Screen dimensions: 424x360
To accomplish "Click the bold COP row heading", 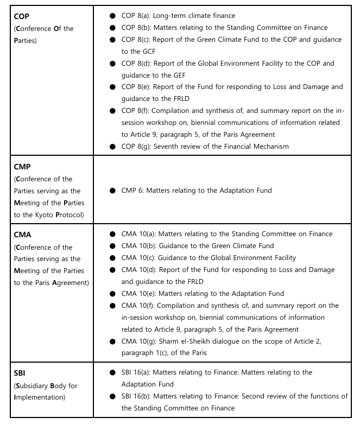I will click(x=21, y=17).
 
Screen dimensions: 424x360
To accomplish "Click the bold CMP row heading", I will click(x=22, y=167).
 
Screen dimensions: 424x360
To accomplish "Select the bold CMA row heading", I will click(x=22, y=235).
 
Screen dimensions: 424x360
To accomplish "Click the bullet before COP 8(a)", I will click(x=111, y=16).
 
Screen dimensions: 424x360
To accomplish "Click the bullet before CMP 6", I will click(x=111, y=190).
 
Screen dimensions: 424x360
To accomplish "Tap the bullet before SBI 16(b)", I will click(x=111, y=396).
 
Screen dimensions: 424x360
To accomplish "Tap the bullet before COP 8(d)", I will click(x=111, y=64).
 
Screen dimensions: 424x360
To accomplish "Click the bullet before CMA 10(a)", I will click(x=111, y=234).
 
